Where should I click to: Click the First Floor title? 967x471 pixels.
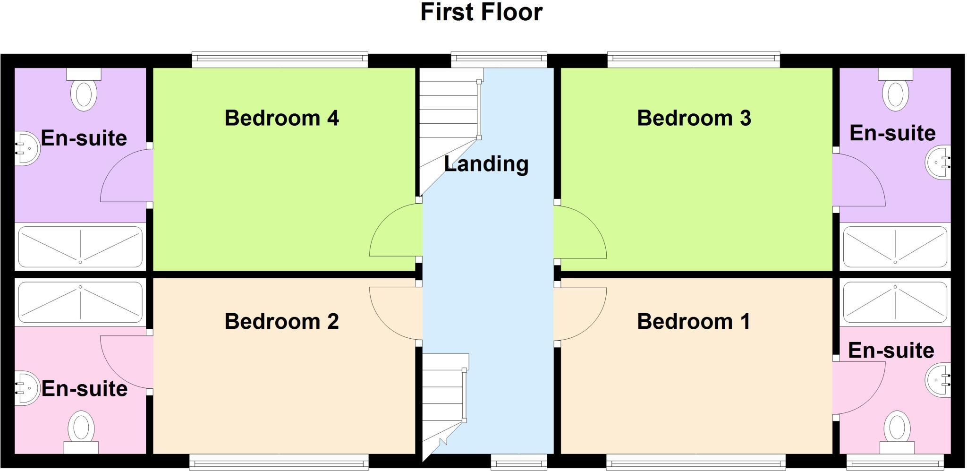coord(481,12)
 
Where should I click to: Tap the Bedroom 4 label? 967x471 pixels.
coord(281,118)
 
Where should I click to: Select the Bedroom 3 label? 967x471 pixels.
coord(694,118)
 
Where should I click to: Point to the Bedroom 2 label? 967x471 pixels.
coord(281,322)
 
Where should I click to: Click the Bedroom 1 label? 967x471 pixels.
coord(693,322)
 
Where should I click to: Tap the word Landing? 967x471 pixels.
coord(486,164)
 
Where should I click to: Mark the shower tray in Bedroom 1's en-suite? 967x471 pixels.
coord(895,301)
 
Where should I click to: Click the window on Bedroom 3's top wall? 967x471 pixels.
coord(693,60)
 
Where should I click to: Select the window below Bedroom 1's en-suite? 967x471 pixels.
coord(895,462)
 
